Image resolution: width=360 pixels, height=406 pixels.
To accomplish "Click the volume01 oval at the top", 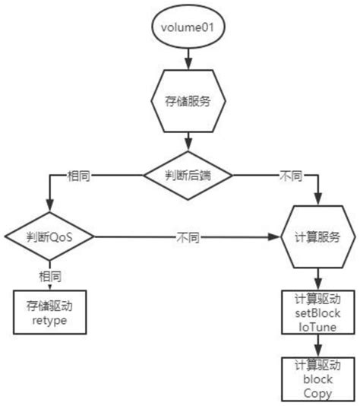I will coord(185,28).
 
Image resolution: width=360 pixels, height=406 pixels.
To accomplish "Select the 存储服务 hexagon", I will coord(185,100).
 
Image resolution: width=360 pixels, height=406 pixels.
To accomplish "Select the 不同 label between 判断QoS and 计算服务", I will coord(188,237).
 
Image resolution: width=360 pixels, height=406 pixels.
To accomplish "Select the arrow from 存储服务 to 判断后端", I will coord(185,141).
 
